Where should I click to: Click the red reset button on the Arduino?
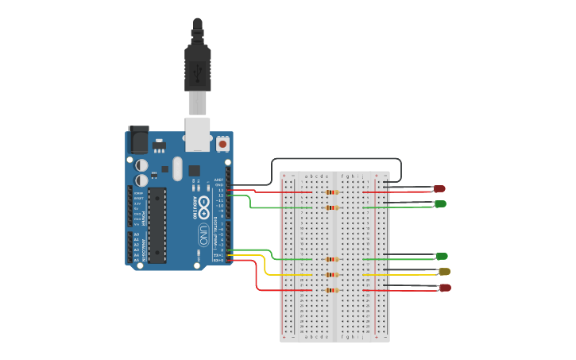[x=222, y=144]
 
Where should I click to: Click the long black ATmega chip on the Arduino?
[x=157, y=225]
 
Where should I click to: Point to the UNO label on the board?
[x=203, y=234]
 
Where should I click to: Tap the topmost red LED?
[x=439, y=188]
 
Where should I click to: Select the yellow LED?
[x=444, y=272]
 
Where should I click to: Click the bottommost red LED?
[x=445, y=288]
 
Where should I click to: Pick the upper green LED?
[x=440, y=204]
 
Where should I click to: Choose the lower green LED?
[x=442, y=256]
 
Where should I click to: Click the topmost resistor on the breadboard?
[x=332, y=192]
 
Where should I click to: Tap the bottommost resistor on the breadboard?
[x=332, y=290]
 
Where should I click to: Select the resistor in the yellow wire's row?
[x=332, y=275]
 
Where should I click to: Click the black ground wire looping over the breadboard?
[x=334, y=159]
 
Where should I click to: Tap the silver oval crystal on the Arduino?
[x=176, y=168]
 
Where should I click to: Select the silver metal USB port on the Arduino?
[x=198, y=134]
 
